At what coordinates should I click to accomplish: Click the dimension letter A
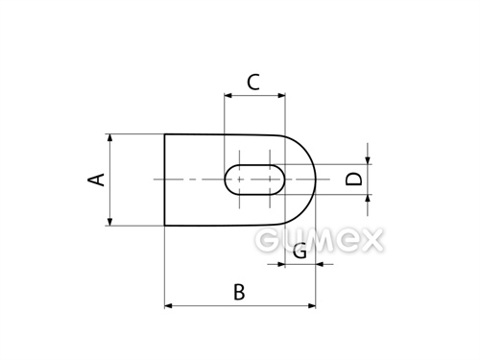96,180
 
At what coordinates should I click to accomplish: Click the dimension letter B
239,292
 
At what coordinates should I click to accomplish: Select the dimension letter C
253,83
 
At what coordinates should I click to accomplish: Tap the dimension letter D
354,179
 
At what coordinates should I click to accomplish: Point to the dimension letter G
300,251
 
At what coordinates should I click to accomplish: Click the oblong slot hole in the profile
254,180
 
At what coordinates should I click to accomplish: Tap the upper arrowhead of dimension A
109,138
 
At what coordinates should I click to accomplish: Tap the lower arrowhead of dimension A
109,222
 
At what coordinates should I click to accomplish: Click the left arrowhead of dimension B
168,306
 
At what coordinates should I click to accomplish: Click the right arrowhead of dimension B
312,306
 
